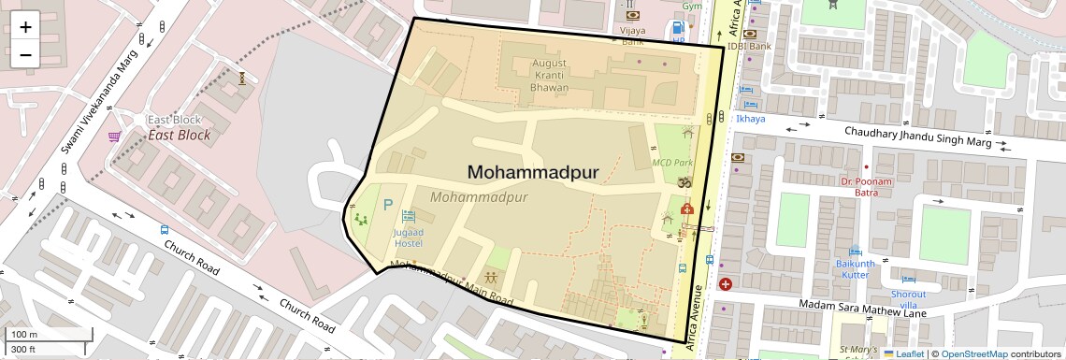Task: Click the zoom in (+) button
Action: click(x=25, y=27)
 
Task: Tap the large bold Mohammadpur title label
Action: click(x=533, y=172)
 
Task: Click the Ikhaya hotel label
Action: click(x=750, y=119)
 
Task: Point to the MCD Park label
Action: click(x=670, y=162)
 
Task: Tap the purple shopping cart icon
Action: click(x=114, y=137)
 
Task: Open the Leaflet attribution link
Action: click(x=903, y=353)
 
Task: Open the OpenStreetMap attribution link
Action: click(x=974, y=353)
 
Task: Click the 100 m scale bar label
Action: click(x=23, y=335)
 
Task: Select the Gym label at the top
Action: click(x=692, y=6)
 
